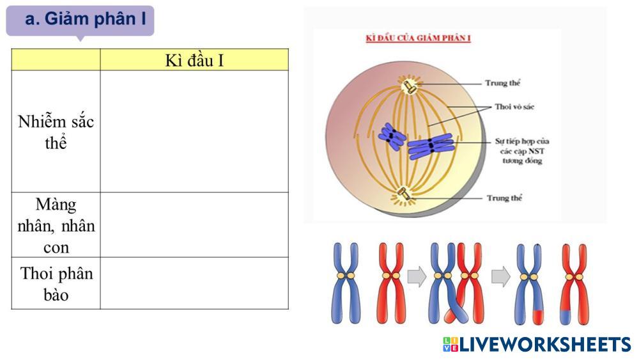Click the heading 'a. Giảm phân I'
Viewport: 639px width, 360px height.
[85, 19]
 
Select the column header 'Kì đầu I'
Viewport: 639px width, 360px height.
[194, 60]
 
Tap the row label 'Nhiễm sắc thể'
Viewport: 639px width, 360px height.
[56, 132]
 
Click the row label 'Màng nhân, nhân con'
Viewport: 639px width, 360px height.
[56, 225]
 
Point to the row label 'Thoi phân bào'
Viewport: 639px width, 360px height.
[56, 283]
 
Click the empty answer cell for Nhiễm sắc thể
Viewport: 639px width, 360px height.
[194, 132]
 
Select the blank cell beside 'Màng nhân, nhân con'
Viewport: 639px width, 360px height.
[194, 225]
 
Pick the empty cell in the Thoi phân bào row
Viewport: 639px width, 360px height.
[194, 283]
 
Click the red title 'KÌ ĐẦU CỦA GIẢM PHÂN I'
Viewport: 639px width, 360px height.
[418, 38]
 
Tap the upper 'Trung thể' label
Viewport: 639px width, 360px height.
[503, 83]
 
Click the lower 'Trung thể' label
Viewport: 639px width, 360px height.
[504, 198]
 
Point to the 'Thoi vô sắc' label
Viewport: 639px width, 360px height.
[514, 107]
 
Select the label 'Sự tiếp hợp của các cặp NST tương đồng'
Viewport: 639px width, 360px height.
[522, 151]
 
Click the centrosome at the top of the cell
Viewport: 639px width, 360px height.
[408, 87]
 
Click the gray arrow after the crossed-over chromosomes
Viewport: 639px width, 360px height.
[500, 276]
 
